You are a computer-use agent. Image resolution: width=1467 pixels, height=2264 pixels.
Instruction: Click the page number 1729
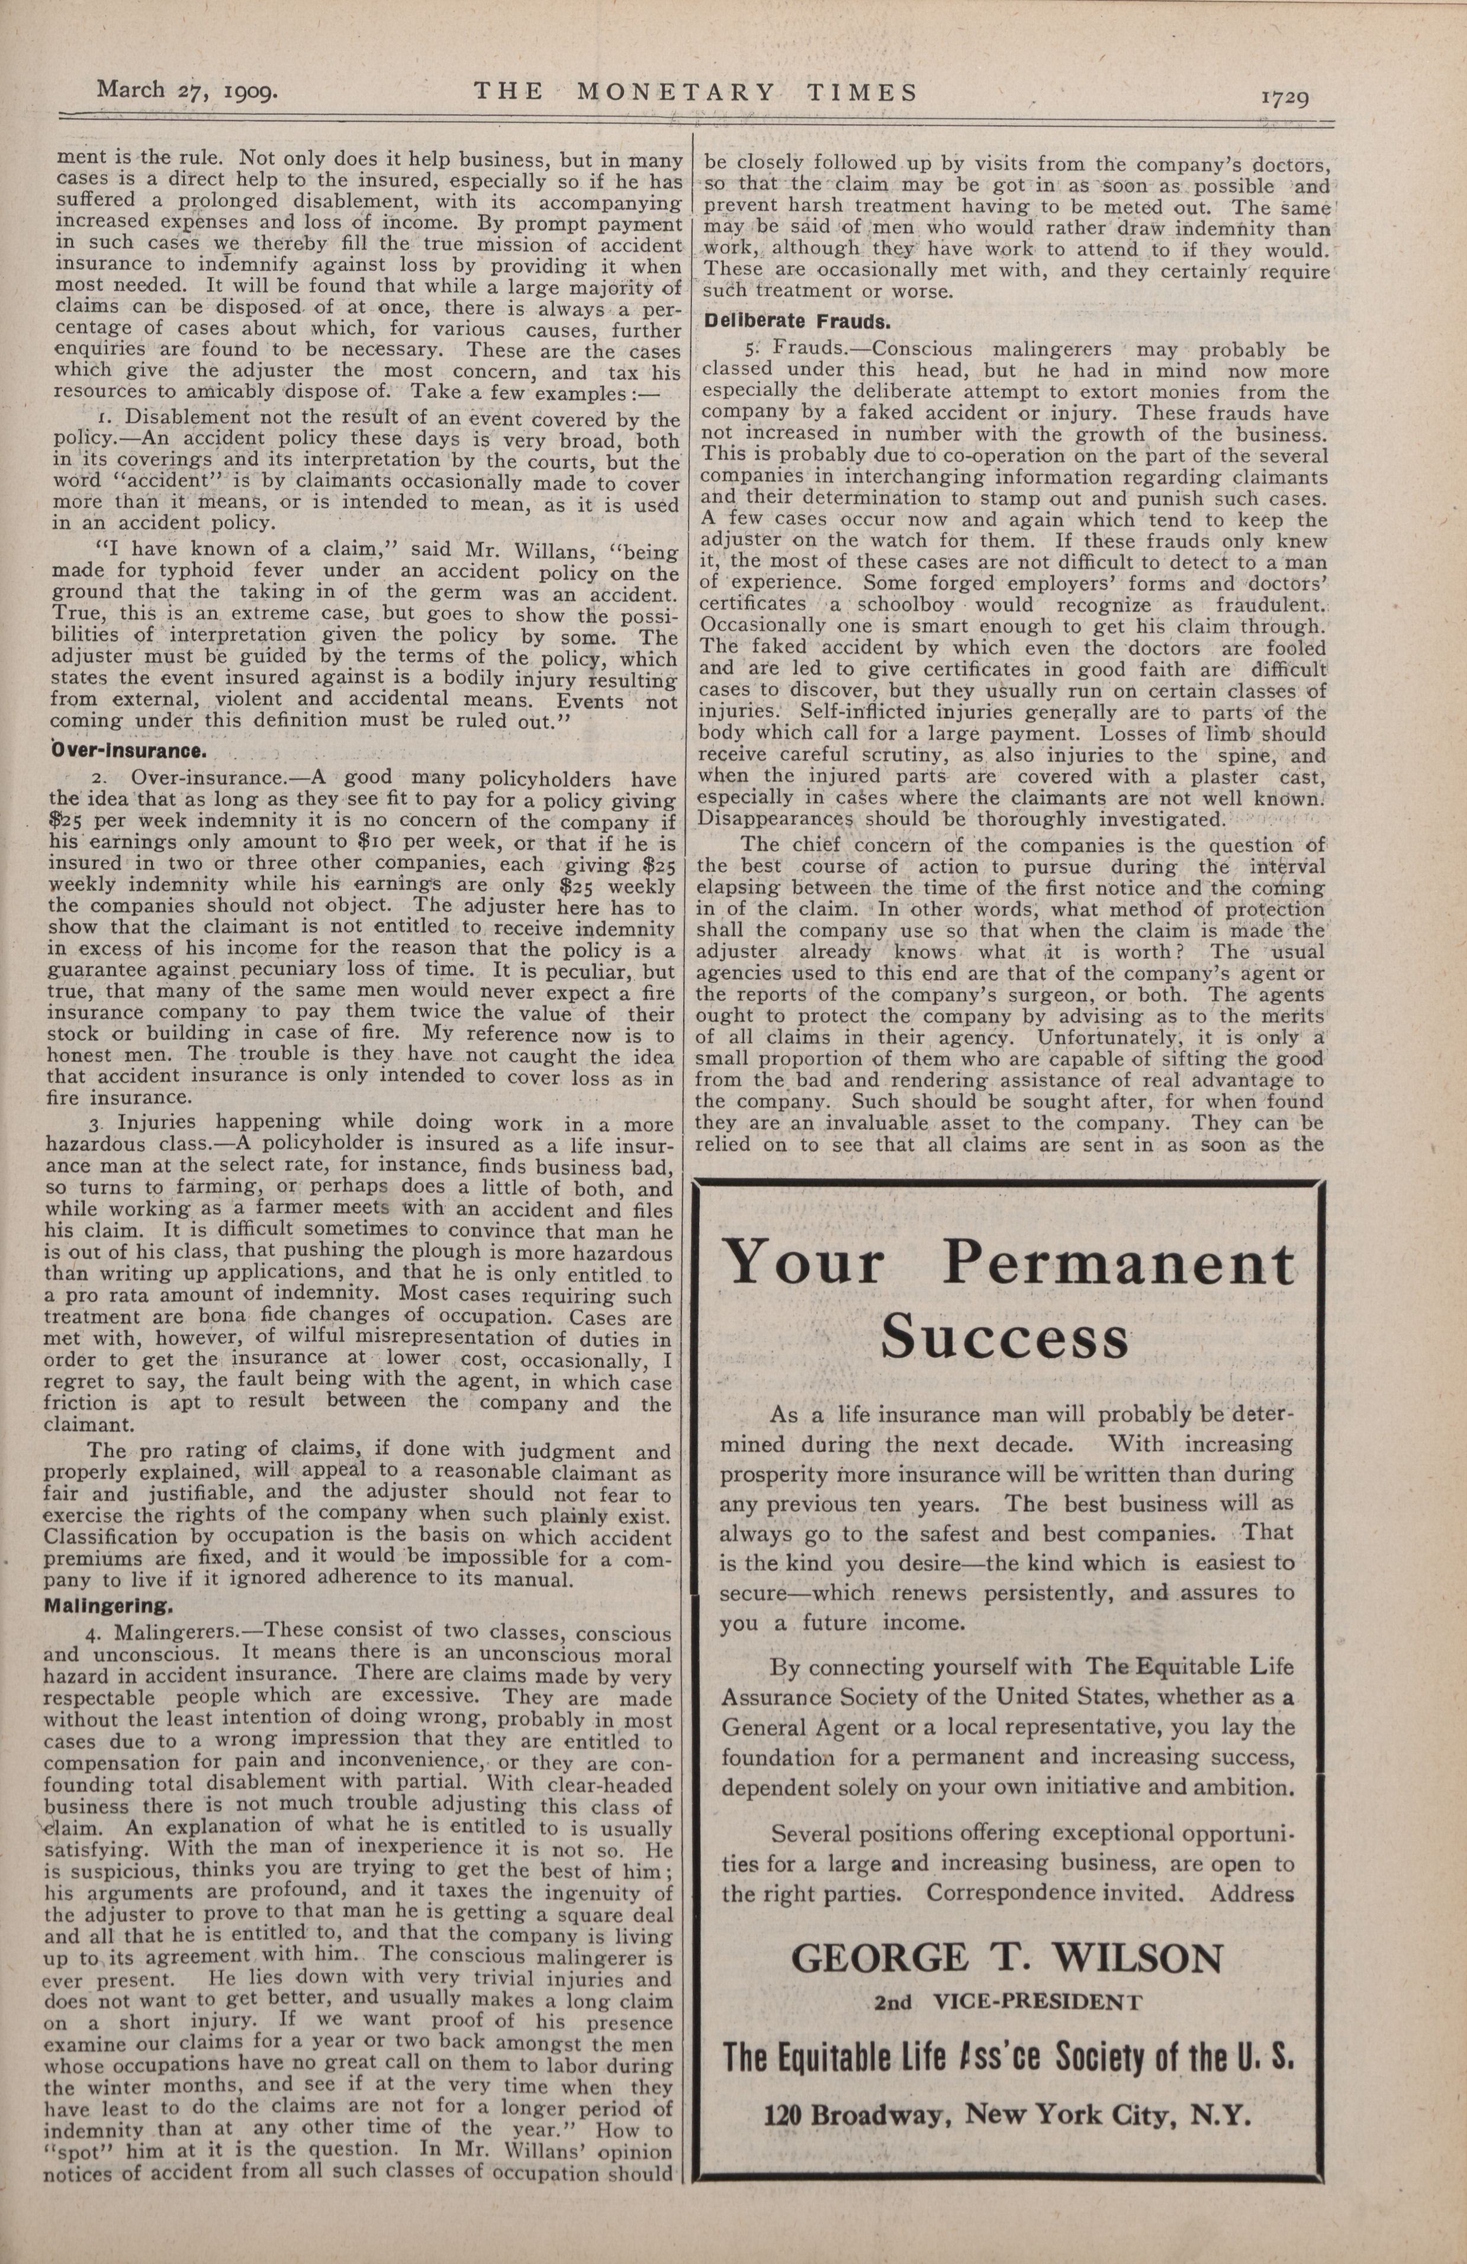pyautogui.click(x=1285, y=97)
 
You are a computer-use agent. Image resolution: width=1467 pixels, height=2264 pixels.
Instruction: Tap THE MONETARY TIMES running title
pyautogui.click(x=696, y=92)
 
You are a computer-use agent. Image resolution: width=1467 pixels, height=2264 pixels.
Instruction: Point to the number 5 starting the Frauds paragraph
pyautogui.click(x=749, y=350)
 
